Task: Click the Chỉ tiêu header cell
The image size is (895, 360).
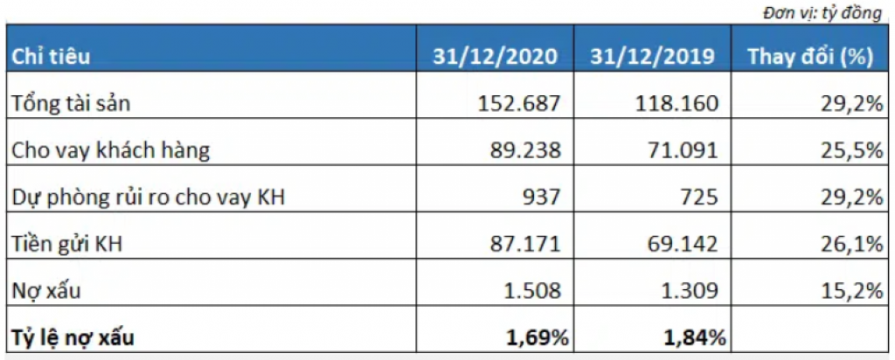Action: point(50,58)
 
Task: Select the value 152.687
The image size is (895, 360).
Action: point(520,104)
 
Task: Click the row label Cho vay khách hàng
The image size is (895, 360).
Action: point(111,150)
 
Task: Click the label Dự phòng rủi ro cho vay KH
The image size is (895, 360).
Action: point(149,197)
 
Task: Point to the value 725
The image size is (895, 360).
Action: point(703,197)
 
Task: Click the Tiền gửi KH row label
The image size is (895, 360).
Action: point(66,245)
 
